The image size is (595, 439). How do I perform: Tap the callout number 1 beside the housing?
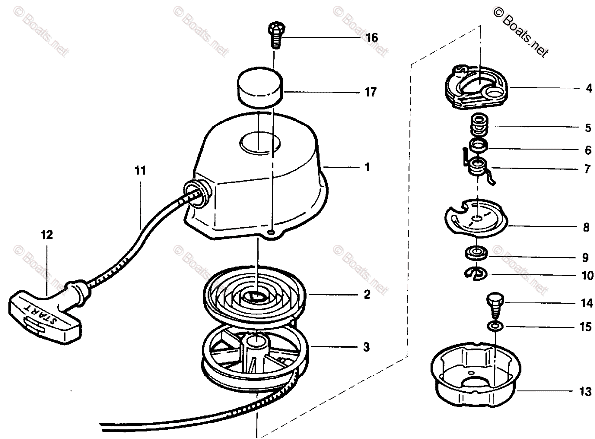[x=367, y=168]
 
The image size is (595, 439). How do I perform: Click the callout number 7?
[x=587, y=170]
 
